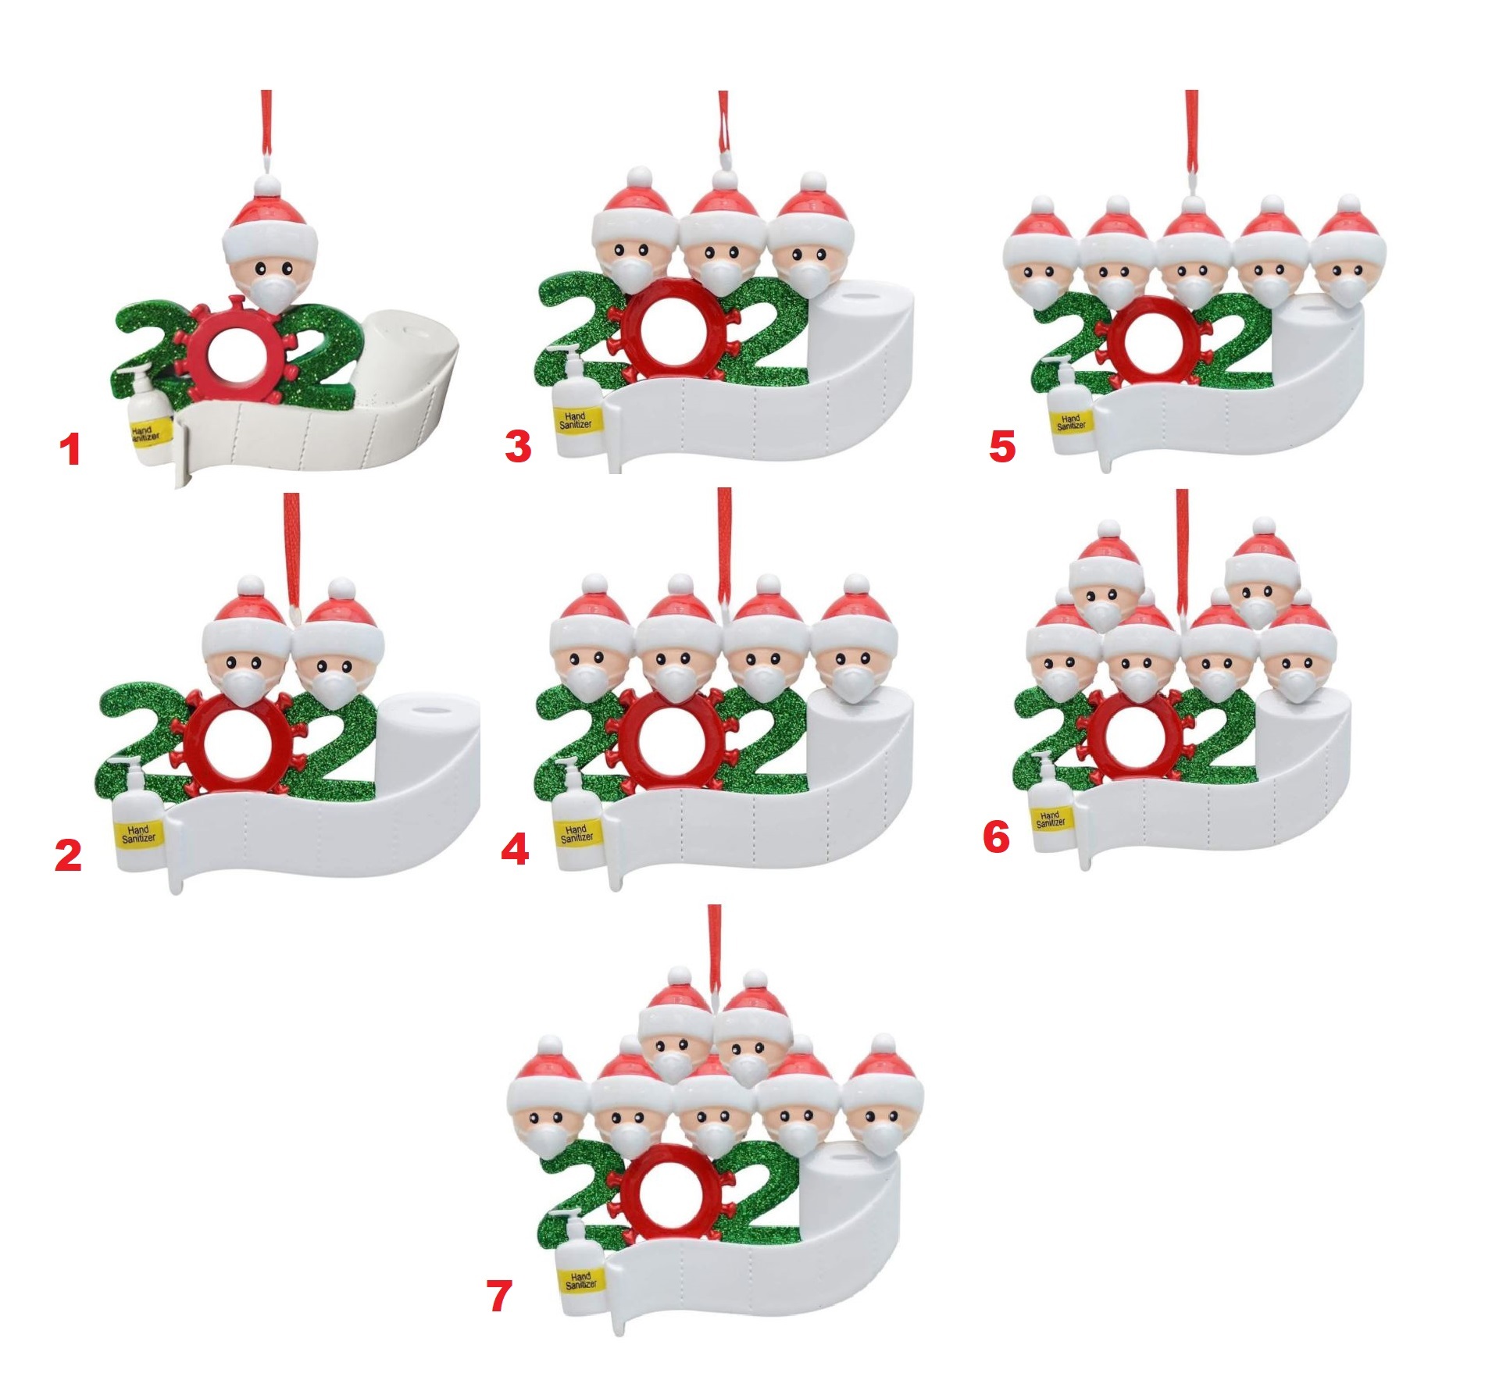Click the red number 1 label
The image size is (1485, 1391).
71,451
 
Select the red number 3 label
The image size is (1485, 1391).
518,447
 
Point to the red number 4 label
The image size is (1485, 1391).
515,848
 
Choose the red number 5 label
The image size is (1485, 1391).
1002,447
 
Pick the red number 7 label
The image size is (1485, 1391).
499,1296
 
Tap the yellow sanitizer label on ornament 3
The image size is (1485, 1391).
576,420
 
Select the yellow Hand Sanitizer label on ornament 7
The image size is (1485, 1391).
580,1281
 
